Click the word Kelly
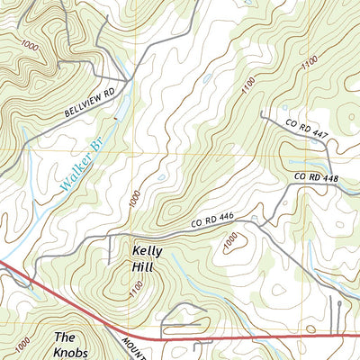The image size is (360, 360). [148, 251]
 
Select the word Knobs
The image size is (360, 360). [75, 351]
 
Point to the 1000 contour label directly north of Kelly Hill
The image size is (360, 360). [134, 200]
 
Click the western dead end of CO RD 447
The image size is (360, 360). [260, 114]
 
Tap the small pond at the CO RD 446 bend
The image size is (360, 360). [256, 219]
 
